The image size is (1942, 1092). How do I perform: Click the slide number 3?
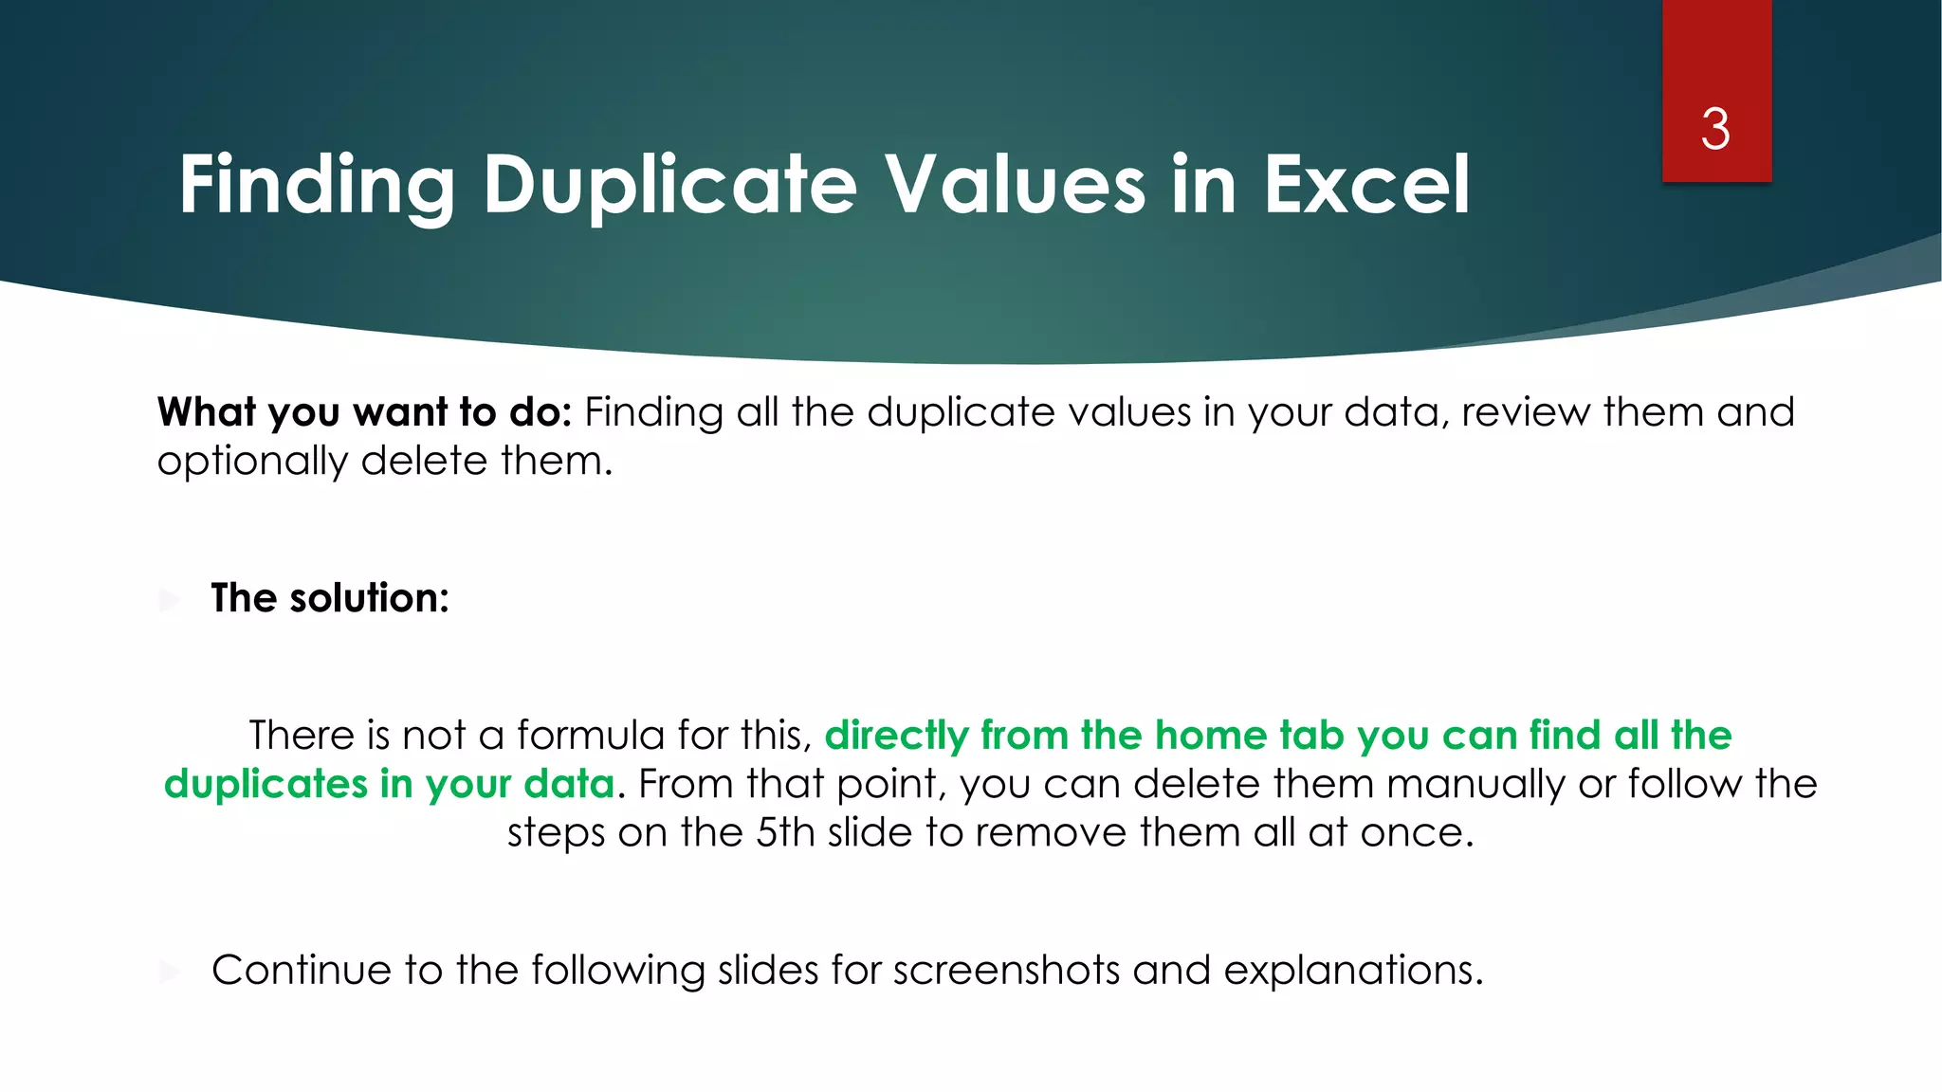coord(1715,129)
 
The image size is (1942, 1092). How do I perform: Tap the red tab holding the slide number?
coord(1716,57)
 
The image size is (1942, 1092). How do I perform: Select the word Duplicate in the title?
coord(669,185)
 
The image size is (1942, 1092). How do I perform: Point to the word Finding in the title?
coord(317,185)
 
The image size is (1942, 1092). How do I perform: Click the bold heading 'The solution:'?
coord(330,598)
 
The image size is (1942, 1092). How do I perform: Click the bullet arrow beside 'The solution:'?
coord(170,599)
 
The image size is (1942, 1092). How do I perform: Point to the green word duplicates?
coord(266,785)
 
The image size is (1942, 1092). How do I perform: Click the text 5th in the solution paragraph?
coord(784,833)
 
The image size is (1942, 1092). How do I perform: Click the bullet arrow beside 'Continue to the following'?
coord(170,971)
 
